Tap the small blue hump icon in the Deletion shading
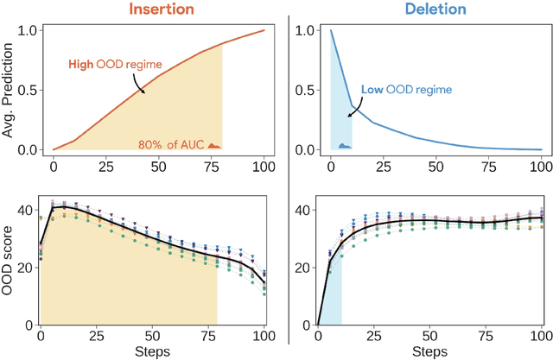click(x=343, y=145)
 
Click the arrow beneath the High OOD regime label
click(x=137, y=85)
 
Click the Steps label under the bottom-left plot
click(x=152, y=352)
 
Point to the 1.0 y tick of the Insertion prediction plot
click(x=29, y=30)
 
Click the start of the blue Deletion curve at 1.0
click(x=331, y=31)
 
